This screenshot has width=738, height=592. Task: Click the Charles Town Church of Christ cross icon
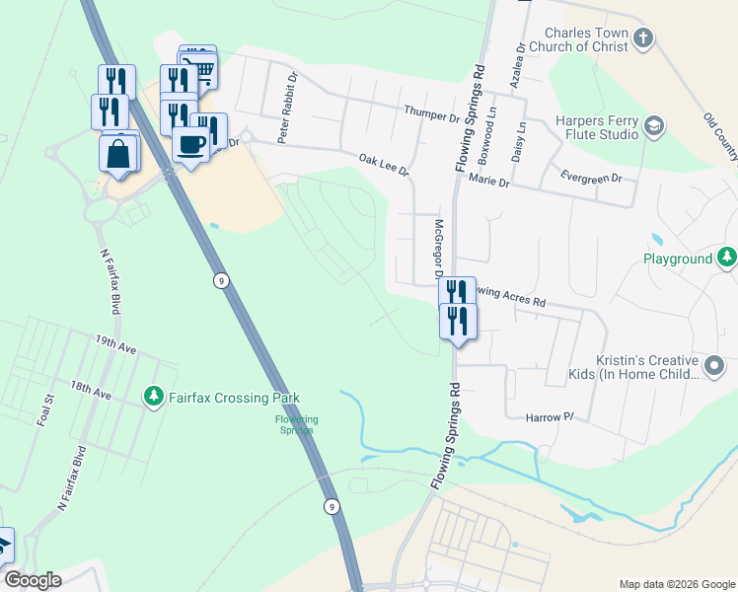[643, 39]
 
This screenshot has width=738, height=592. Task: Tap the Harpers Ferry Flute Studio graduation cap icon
[654, 126]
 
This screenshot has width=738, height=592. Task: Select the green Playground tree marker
[726, 259]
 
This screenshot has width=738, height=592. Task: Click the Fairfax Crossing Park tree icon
[153, 397]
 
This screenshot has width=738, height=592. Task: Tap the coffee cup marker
[190, 144]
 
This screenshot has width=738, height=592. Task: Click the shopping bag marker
[118, 154]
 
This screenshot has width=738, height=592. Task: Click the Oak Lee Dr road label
[384, 164]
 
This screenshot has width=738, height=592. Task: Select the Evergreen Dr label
[590, 179]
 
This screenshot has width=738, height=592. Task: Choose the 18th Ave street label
[91, 391]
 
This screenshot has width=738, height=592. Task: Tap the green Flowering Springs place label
[296, 424]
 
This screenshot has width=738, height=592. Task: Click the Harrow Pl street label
[551, 418]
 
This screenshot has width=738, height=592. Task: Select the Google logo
[33, 580]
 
